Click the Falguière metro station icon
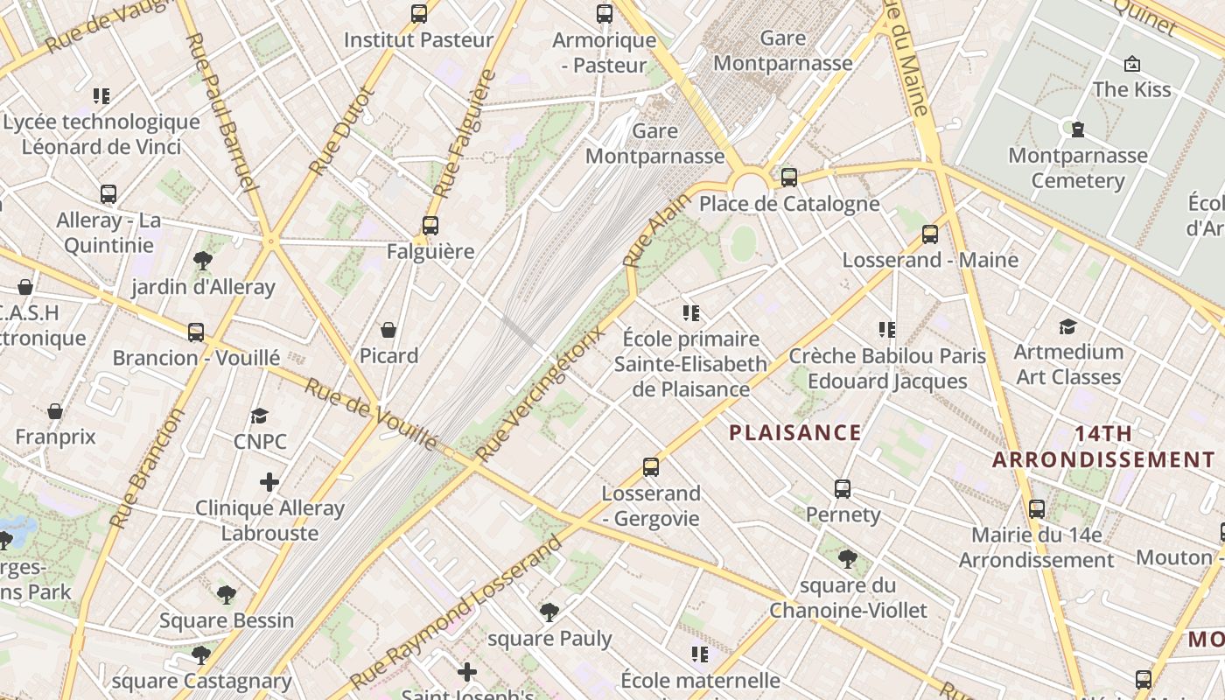[430, 225]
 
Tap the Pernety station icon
[843, 488]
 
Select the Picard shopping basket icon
[388, 330]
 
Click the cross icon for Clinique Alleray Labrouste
[269, 482]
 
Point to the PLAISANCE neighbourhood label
[795, 432]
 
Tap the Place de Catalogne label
[789, 204]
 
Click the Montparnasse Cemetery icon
[1078, 129]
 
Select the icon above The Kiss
[1131, 64]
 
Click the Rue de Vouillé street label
[370, 414]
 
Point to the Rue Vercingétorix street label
[540, 395]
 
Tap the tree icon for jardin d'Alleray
[203, 260]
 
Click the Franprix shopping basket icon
[55, 411]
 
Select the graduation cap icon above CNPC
[259, 416]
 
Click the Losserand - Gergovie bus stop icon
[650, 466]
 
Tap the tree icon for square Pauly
[549, 612]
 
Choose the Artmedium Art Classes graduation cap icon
[1067, 326]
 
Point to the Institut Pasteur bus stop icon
[419, 14]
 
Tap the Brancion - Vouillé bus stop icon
[196, 332]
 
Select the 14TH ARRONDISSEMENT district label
[1103, 446]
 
